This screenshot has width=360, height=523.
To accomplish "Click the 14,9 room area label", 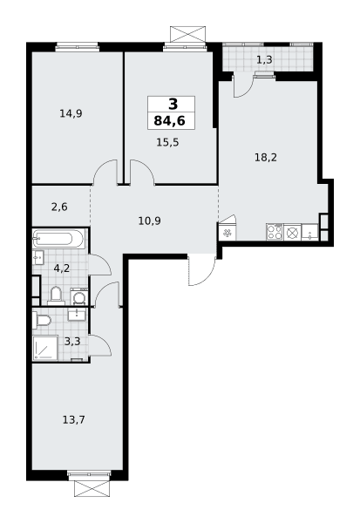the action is coord(71,113).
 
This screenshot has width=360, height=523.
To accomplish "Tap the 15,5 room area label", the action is coord(167,142).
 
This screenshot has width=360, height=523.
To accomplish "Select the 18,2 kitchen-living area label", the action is coord(266,157).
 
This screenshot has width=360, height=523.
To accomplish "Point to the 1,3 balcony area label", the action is coord(264,59).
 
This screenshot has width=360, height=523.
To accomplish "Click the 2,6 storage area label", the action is coord(59,207).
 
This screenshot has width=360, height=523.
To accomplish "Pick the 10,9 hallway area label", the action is coord(149,221).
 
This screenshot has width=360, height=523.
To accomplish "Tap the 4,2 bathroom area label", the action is coord(62,268).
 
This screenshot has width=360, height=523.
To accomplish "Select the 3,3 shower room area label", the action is coord(72,341).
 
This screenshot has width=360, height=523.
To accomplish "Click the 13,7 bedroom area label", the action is coord(74,419).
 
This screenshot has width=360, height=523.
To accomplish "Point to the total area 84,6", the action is coord(169,121).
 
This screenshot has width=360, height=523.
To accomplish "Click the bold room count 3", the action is coord(173,105).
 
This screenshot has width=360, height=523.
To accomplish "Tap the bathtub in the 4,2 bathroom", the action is coord(58,239).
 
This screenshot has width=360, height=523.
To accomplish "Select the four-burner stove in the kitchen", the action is coord(275,232).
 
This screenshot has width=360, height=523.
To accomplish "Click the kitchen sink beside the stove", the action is coord(310,233).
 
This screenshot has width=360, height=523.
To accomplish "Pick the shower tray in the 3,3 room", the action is coord(45,348).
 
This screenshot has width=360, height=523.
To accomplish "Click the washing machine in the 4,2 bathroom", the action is coord(79,297).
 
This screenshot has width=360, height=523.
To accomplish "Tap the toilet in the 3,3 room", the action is coord(42,320).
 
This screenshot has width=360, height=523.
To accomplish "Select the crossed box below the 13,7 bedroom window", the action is coord(92,489).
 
